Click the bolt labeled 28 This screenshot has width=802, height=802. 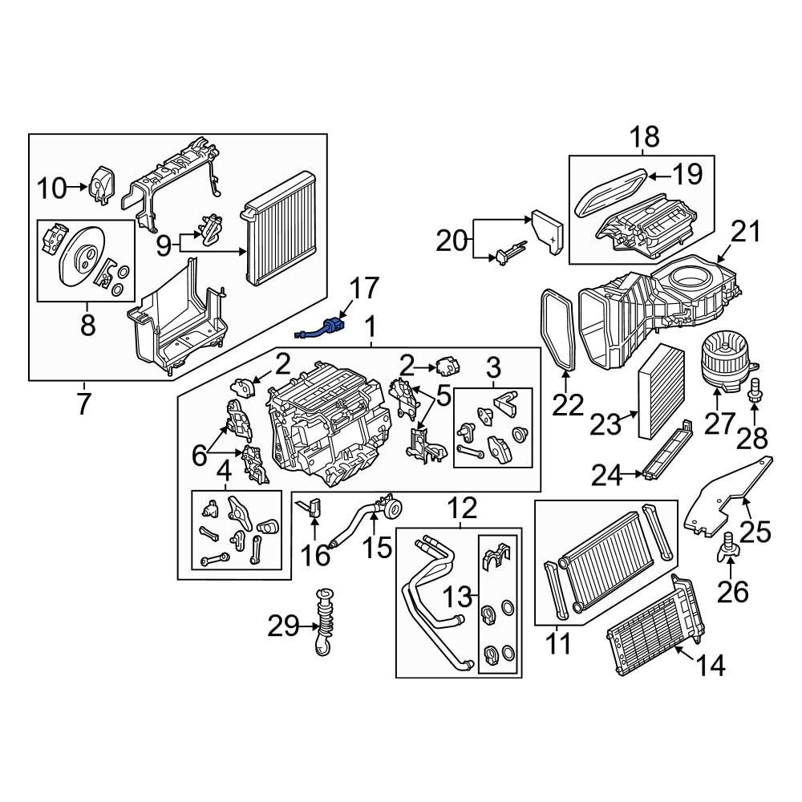(755, 394)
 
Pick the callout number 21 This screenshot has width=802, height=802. (743, 232)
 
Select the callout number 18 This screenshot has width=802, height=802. (643, 136)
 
